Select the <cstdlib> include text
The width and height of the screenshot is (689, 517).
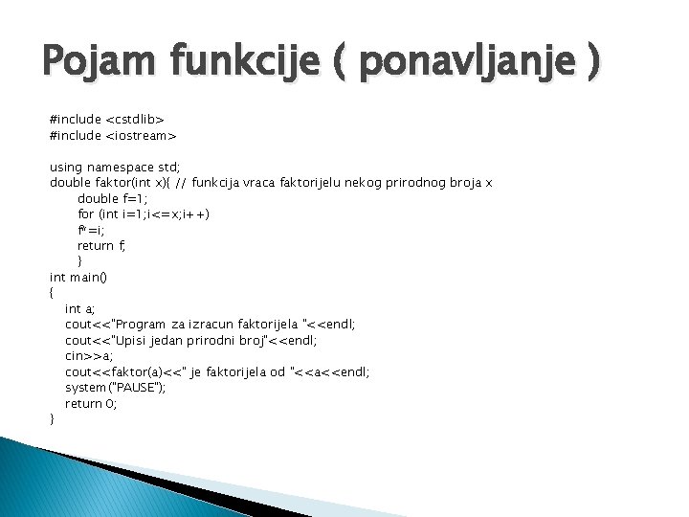(x=135, y=120)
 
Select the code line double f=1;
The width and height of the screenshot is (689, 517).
(x=113, y=198)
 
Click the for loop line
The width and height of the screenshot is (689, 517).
(x=144, y=214)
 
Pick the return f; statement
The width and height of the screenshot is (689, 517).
(x=101, y=245)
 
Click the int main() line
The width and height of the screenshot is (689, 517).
(x=78, y=277)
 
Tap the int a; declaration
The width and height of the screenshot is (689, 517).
(x=79, y=308)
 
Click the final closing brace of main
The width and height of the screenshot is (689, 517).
(x=52, y=418)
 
